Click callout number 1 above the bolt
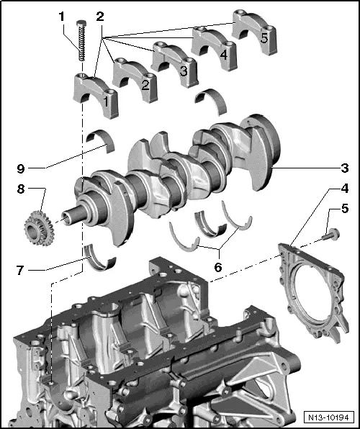61,16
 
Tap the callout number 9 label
22,170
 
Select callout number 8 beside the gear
22,191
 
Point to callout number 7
22,272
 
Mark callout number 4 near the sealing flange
345,191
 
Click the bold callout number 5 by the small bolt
345,210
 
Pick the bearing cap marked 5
251,30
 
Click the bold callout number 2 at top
100,16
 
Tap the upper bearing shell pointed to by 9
102,140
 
